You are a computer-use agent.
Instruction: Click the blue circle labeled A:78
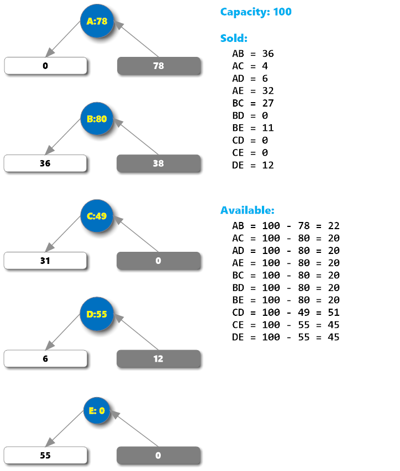97,22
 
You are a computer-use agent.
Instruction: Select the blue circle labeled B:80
97,119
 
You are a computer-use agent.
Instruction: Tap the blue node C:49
97,216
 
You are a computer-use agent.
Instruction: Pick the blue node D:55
97,314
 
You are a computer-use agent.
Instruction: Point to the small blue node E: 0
97,410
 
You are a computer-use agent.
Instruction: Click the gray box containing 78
158,66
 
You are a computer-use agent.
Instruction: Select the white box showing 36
45,163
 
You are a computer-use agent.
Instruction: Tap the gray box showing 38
158,163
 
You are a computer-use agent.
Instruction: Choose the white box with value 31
45,261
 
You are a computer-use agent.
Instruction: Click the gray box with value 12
158,358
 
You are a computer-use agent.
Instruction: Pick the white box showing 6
45,358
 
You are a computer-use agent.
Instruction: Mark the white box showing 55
45,456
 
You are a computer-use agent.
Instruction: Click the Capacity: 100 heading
256,12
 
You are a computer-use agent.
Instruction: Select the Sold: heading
234,38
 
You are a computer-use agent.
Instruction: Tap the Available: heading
247,210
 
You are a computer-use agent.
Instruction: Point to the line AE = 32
253,91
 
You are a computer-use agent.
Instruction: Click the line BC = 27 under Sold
253,103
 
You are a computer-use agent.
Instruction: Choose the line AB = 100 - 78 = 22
286,225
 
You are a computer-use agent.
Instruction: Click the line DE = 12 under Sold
253,165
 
